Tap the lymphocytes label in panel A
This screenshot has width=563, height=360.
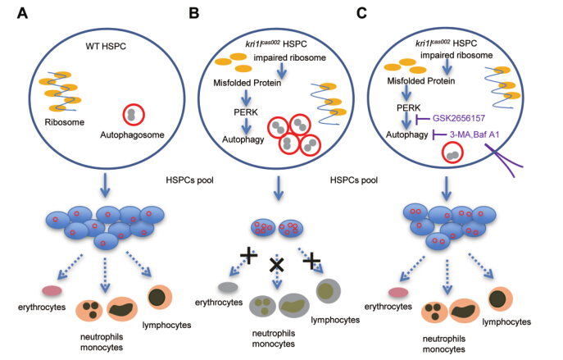coord(169,325)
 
